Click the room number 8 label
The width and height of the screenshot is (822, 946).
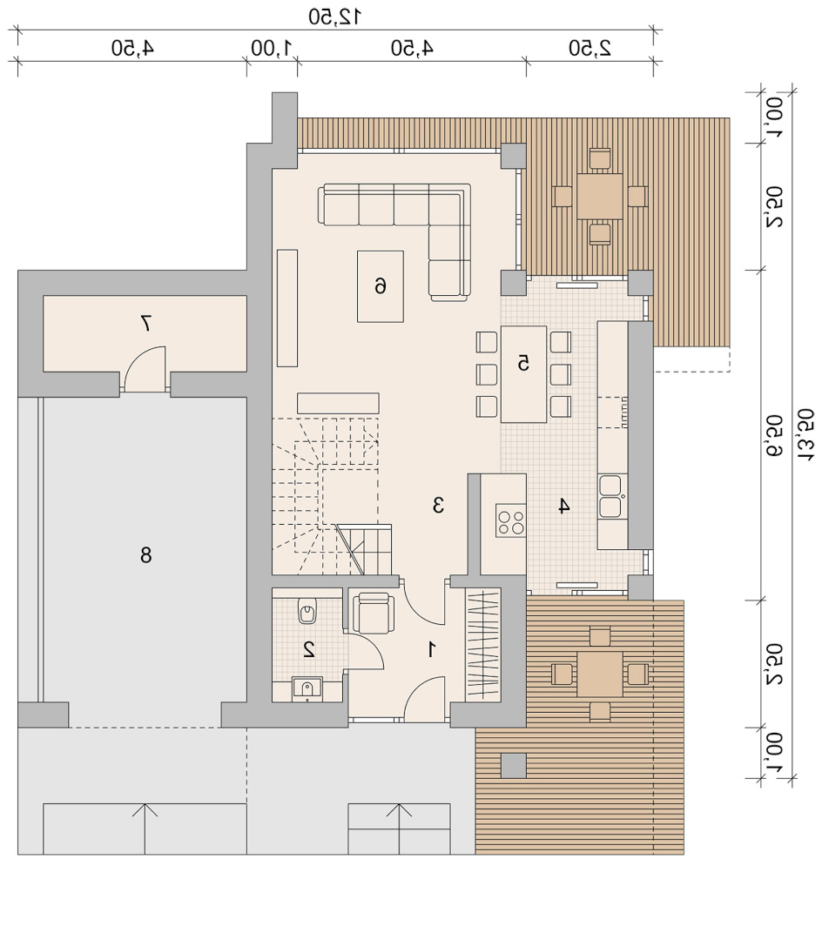pyautogui.click(x=145, y=554)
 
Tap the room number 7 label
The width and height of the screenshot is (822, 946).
pyautogui.click(x=145, y=324)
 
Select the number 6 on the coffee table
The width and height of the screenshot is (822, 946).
pyautogui.click(x=381, y=285)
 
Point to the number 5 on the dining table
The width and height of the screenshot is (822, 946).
pyautogui.click(x=523, y=363)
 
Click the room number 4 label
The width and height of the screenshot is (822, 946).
pyautogui.click(x=563, y=506)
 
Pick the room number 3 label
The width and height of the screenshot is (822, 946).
pyautogui.click(x=438, y=505)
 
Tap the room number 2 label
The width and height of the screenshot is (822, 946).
pyautogui.click(x=309, y=649)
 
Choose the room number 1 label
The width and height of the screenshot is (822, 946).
pyautogui.click(x=432, y=649)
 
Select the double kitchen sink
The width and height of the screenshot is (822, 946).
pyautogui.click(x=611, y=497)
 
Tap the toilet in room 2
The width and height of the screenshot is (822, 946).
pyautogui.click(x=307, y=611)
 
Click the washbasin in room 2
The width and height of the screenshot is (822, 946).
pyautogui.click(x=307, y=689)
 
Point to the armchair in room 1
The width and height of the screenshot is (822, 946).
pyautogui.click(x=373, y=613)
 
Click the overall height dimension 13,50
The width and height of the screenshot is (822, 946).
pyautogui.click(x=805, y=435)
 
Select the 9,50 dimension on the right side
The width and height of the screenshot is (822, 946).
pyautogui.click(x=774, y=435)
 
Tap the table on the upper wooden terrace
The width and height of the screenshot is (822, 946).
pyautogui.click(x=599, y=196)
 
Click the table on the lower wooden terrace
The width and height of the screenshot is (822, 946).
pyautogui.click(x=600, y=674)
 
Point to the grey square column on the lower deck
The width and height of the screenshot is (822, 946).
pyautogui.click(x=514, y=765)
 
